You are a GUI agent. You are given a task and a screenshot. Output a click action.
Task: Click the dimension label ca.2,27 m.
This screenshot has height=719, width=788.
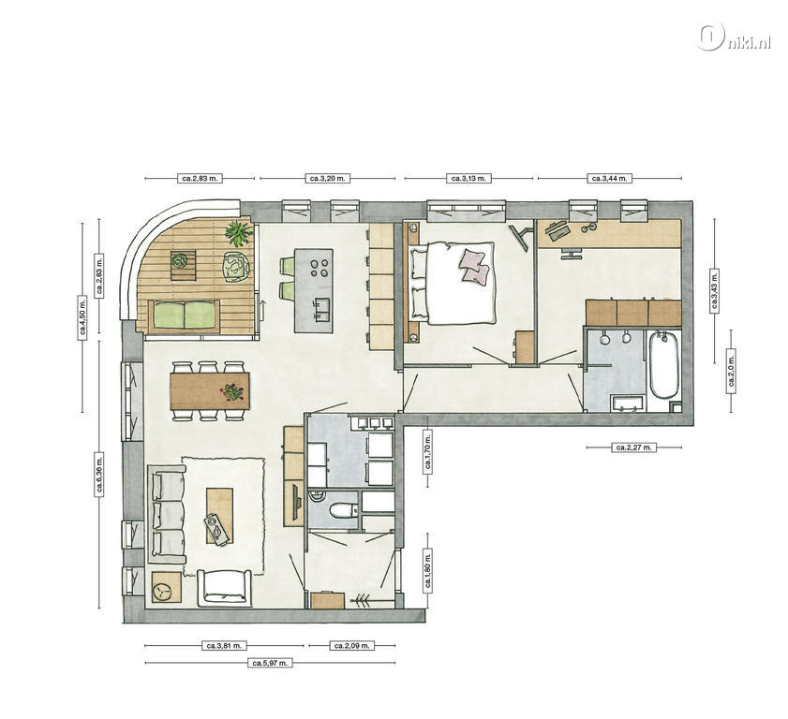pos(633,447)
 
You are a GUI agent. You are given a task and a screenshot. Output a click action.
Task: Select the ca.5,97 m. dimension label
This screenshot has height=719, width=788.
pos(270,663)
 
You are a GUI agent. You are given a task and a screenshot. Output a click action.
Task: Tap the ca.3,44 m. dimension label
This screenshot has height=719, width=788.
pos(610,178)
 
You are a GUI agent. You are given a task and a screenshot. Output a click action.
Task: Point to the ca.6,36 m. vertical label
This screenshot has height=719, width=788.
pos(99,475)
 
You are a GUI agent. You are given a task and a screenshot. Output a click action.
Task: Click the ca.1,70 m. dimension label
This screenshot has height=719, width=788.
pos(428,459)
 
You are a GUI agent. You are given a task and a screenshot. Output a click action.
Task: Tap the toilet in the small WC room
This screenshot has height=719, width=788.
pos(343,510)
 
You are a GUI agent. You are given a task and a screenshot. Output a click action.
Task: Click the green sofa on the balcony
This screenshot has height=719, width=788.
pos(185,315)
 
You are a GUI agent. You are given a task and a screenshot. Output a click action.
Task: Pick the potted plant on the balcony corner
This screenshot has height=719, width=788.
pos(237,233)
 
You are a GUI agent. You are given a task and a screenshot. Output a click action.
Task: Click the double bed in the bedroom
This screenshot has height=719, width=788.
pos(453,283)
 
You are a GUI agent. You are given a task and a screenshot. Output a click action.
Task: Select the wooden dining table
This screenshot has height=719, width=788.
pos(210,390)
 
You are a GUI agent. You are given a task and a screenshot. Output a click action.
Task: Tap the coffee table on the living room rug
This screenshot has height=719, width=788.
pos(219,516)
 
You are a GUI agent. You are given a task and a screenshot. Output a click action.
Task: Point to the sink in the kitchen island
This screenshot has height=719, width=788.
pos(321,309)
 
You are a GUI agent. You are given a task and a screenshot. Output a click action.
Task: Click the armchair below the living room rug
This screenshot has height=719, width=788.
pos(224,587)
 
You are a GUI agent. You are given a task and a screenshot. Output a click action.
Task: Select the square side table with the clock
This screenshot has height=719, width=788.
pos(167,587)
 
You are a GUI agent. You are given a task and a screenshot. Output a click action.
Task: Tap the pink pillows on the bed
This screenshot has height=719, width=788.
pos(474,266)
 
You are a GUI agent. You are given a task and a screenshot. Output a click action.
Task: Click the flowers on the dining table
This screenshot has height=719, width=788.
pos(232,391)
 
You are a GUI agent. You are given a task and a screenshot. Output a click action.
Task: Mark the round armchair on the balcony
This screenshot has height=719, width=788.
pos(236,265)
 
